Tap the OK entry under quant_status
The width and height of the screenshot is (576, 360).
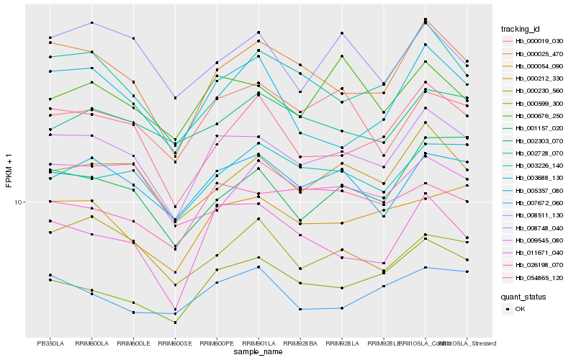point(520,309)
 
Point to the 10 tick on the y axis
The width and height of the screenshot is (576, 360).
point(19,202)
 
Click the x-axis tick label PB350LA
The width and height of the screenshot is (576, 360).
point(50,343)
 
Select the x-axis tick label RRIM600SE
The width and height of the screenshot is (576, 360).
point(175,343)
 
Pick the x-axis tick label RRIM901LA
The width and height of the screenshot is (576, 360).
point(258,343)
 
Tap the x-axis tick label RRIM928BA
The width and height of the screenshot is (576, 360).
point(300,343)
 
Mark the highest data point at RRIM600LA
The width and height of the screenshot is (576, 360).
point(92,22)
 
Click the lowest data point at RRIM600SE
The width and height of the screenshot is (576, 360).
point(175,323)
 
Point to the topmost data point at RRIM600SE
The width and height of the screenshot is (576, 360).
point(175,97)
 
